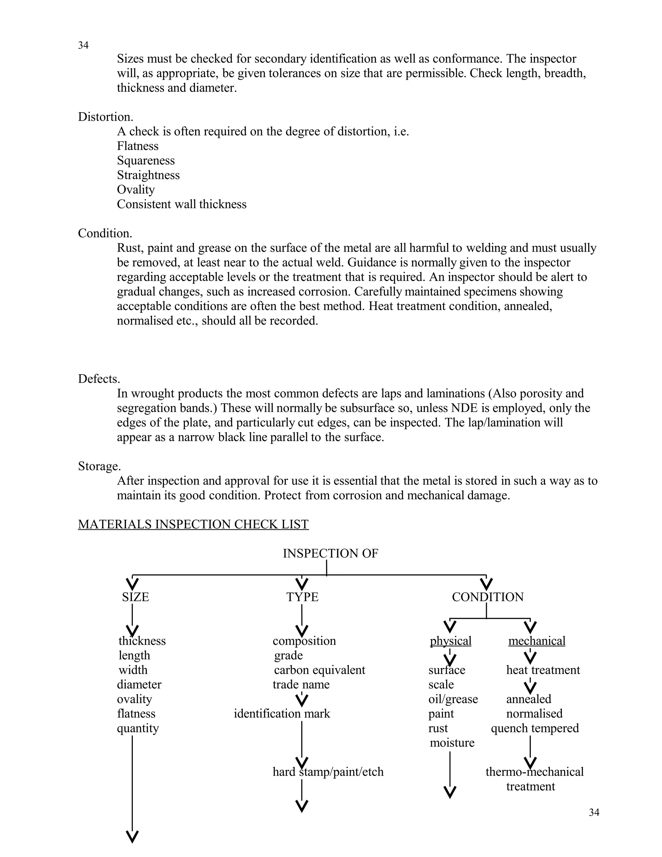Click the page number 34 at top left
pyautogui.click(x=83, y=46)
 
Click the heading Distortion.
pyautogui.click(x=105, y=117)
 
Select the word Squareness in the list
pyautogui.click(x=146, y=160)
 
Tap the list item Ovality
pyautogui.click(x=136, y=190)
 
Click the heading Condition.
pyautogui.click(x=105, y=233)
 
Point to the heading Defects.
pyautogui.click(x=99, y=379)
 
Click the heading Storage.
pyautogui.click(x=99, y=466)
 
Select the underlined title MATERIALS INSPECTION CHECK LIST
pyautogui.click(x=193, y=524)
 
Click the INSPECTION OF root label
pyautogui.click(x=330, y=554)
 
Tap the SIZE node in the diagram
pyautogui.click(x=135, y=597)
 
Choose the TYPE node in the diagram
pyautogui.click(x=302, y=597)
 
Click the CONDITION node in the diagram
pyautogui.click(x=487, y=597)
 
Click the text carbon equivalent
pyautogui.click(x=319, y=670)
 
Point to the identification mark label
pyautogui.click(x=282, y=713)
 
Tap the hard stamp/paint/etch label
pyautogui.click(x=328, y=772)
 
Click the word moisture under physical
pyautogui.click(x=452, y=743)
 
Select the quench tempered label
pyautogui.click(x=535, y=728)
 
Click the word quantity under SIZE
pyautogui.click(x=138, y=728)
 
